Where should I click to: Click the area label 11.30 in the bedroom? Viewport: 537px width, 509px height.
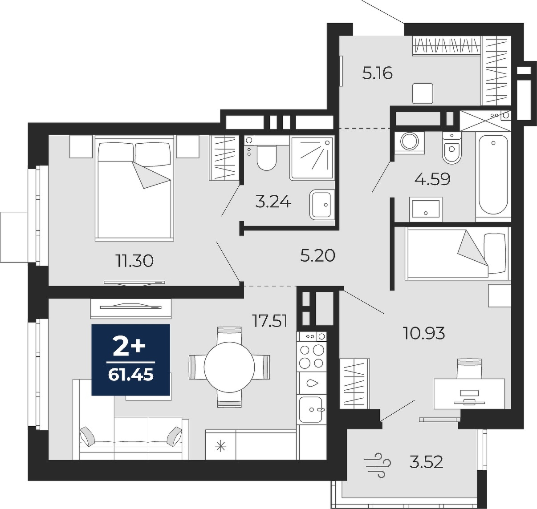tap(134, 261)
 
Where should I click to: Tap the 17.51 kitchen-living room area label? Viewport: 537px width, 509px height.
tap(270, 321)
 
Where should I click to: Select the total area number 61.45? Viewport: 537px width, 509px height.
tap(131, 375)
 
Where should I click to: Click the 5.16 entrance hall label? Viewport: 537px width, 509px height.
tap(378, 73)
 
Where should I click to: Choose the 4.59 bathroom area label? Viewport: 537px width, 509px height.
tap(432, 179)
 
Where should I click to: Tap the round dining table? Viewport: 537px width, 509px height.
tap(229, 367)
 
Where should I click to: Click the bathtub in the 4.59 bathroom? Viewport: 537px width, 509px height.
tap(493, 175)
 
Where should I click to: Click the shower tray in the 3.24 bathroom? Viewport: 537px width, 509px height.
tap(312, 158)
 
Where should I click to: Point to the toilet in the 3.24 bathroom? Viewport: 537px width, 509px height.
tap(267, 158)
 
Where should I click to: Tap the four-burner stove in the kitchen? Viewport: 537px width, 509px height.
tap(311, 356)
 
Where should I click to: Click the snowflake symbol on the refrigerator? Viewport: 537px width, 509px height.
tap(220, 447)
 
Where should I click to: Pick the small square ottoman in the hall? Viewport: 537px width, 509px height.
tap(423, 93)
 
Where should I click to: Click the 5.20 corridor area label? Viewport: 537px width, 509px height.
tap(317, 256)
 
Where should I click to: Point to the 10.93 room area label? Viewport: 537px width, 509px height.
tap(424, 333)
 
